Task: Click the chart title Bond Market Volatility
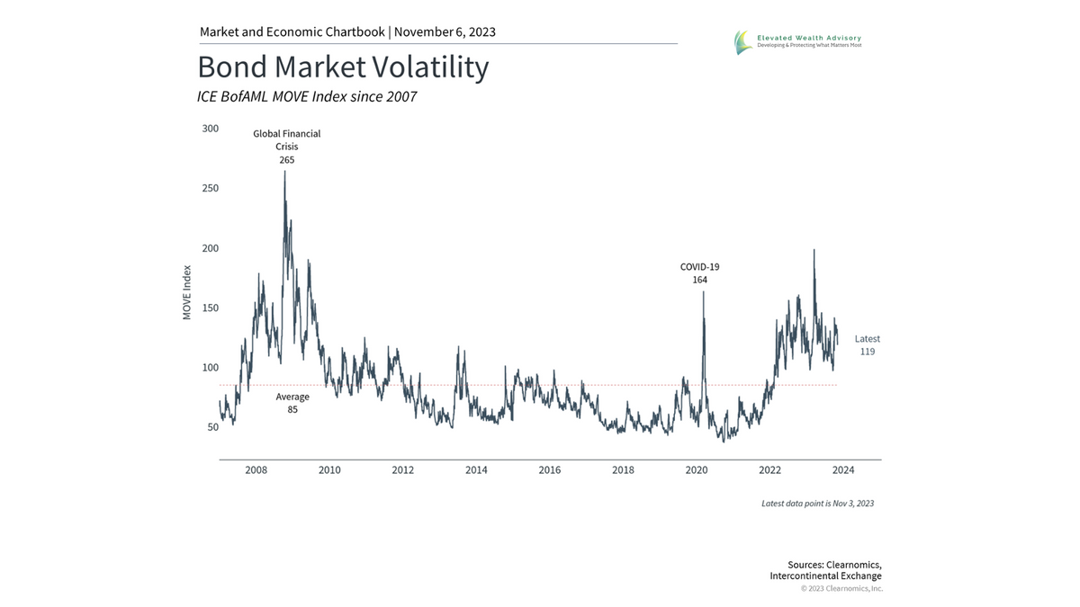343,67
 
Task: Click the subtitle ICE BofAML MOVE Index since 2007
307,96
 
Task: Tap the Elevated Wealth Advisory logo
797,41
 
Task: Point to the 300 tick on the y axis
210,129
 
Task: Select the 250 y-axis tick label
210,188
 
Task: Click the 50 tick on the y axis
212,427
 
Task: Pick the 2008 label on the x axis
256,470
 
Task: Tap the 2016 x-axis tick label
550,470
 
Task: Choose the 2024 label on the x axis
843,470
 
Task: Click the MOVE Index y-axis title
187,292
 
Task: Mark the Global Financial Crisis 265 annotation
286,147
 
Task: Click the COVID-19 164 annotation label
699,273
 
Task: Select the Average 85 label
292,403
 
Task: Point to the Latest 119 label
868,345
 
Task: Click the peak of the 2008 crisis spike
284,172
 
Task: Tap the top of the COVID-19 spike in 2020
703,292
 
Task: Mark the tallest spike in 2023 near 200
814,251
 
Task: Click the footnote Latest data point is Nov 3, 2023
817,504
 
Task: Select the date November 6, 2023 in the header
445,32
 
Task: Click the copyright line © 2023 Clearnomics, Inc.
841,589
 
